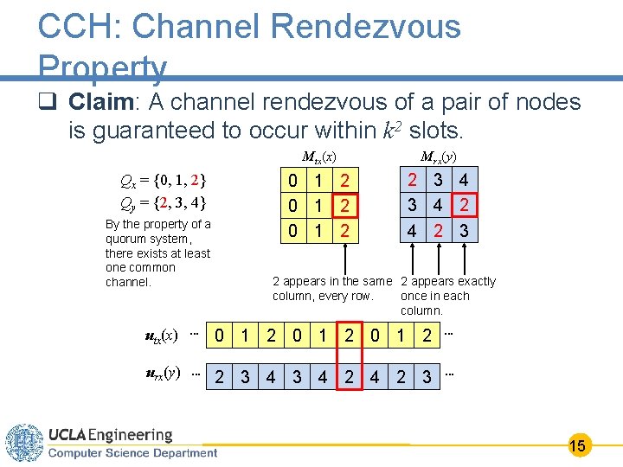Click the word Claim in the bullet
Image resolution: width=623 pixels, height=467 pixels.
point(99,103)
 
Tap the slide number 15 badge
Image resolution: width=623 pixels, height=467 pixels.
point(578,446)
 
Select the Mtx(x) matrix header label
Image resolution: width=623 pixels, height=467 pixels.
point(318,157)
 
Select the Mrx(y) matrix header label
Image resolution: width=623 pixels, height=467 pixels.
point(439,157)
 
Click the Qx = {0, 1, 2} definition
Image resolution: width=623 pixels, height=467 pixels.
point(164,182)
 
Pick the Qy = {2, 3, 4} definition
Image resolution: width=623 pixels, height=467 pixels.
point(164,204)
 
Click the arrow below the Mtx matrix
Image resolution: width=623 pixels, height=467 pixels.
point(346,258)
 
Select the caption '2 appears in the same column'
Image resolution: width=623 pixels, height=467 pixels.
point(332,289)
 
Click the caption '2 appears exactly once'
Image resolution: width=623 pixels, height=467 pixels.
point(447,296)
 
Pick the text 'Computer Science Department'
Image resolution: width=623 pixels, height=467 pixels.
point(132,452)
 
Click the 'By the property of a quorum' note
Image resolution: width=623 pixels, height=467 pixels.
point(157,253)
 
